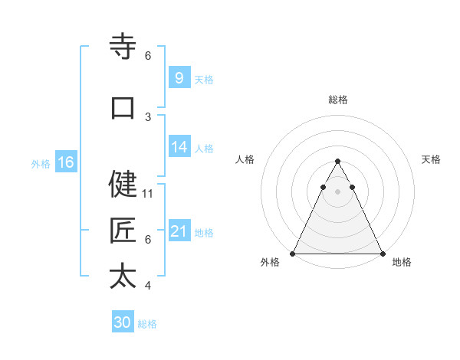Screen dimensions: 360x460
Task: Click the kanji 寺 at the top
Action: (123, 47)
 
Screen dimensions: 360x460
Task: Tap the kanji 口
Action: (123, 108)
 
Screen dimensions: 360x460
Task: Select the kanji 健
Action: (123, 184)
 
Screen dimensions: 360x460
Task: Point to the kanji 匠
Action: (123, 231)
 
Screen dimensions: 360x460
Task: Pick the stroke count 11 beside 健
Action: (148, 193)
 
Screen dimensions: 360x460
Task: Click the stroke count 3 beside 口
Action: (148, 116)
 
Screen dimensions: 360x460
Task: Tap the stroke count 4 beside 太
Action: (148, 286)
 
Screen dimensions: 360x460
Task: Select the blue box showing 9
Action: (179, 77)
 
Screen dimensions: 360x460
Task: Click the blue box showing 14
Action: (179, 147)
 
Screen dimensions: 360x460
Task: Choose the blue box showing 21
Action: (179, 231)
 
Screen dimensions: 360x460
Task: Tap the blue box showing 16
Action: (66, 162)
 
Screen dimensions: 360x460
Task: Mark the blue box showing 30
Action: (123, 322)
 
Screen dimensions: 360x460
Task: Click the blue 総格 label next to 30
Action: (147, 324)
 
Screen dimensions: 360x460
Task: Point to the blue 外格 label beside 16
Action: (41, 163)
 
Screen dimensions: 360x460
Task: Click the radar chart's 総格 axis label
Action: (337, 100)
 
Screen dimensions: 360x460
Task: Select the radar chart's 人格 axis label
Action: (245, 159)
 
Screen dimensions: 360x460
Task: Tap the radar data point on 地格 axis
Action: (382, 254)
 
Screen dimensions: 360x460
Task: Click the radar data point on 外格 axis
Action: (293, 254)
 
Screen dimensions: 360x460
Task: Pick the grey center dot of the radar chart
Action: (337, 191)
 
